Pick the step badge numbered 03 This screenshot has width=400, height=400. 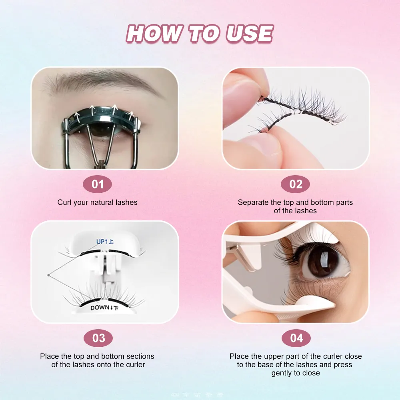point(98,338)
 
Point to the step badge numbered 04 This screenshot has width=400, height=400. point(296,338)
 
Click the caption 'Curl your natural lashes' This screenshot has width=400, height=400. point(97,202)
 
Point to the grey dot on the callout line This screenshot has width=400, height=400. point(48,275)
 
